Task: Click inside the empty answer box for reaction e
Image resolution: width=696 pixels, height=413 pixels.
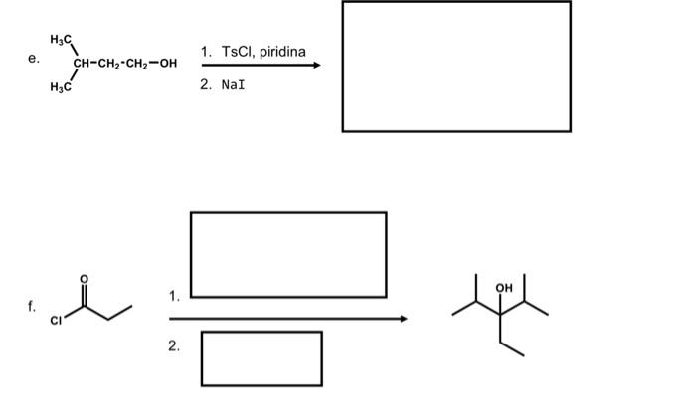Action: click(456, 66)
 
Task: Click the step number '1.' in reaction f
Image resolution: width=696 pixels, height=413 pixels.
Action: click(175, 295)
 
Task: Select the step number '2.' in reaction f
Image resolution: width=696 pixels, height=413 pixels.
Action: click(175, 346)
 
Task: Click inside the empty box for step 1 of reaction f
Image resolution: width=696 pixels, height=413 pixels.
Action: click(288, 254)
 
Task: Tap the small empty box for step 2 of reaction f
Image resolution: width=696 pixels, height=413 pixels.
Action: click(261, 358)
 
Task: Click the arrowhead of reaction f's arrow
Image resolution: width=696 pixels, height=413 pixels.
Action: click(403, 319)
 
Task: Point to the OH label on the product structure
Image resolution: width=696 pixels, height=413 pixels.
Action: click(503, 287)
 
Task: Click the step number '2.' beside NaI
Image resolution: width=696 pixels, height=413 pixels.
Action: click(205, 85)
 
